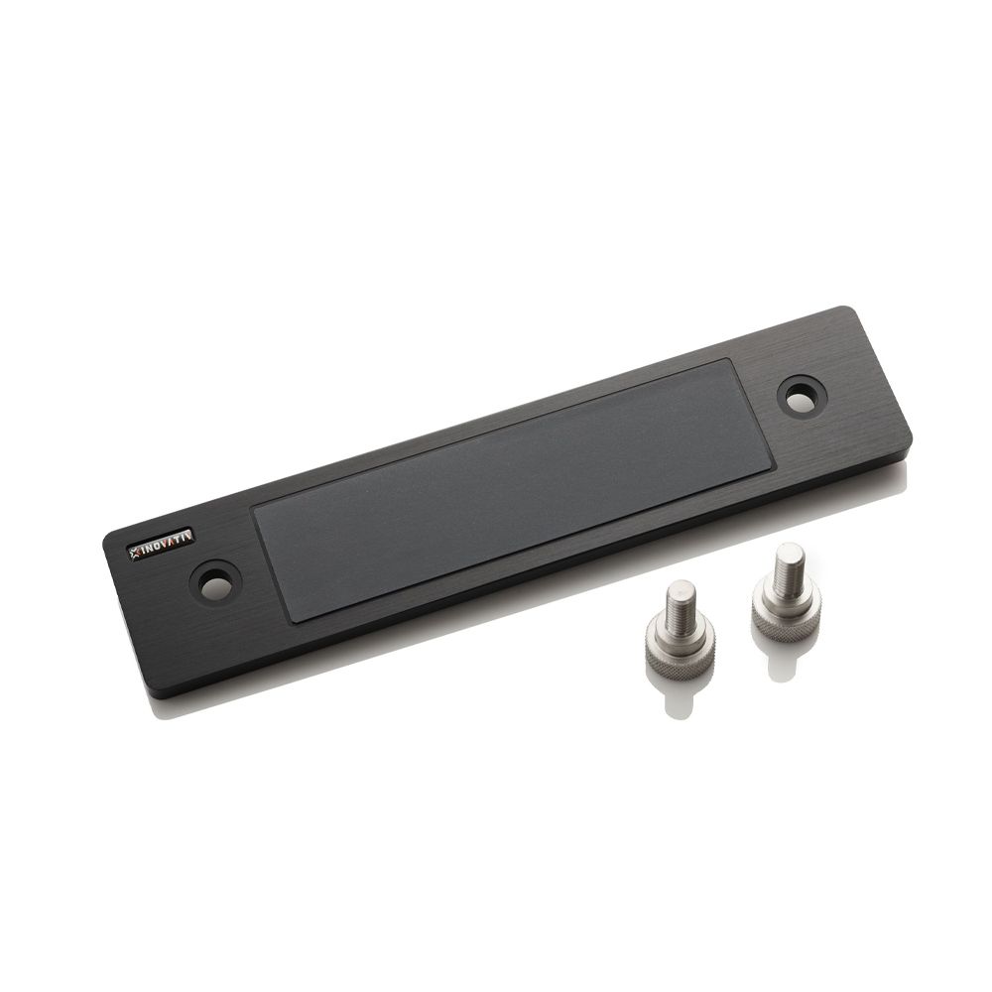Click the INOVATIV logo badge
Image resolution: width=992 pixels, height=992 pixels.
click(x=162, y=544)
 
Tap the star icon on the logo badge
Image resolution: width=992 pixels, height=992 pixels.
click(x=135, y=552)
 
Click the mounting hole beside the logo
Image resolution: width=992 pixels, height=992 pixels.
click(x=215, y=581)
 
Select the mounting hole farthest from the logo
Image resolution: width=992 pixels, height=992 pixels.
click(x=803, y=398)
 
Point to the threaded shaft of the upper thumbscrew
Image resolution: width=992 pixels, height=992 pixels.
click(x=785, y=565)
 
